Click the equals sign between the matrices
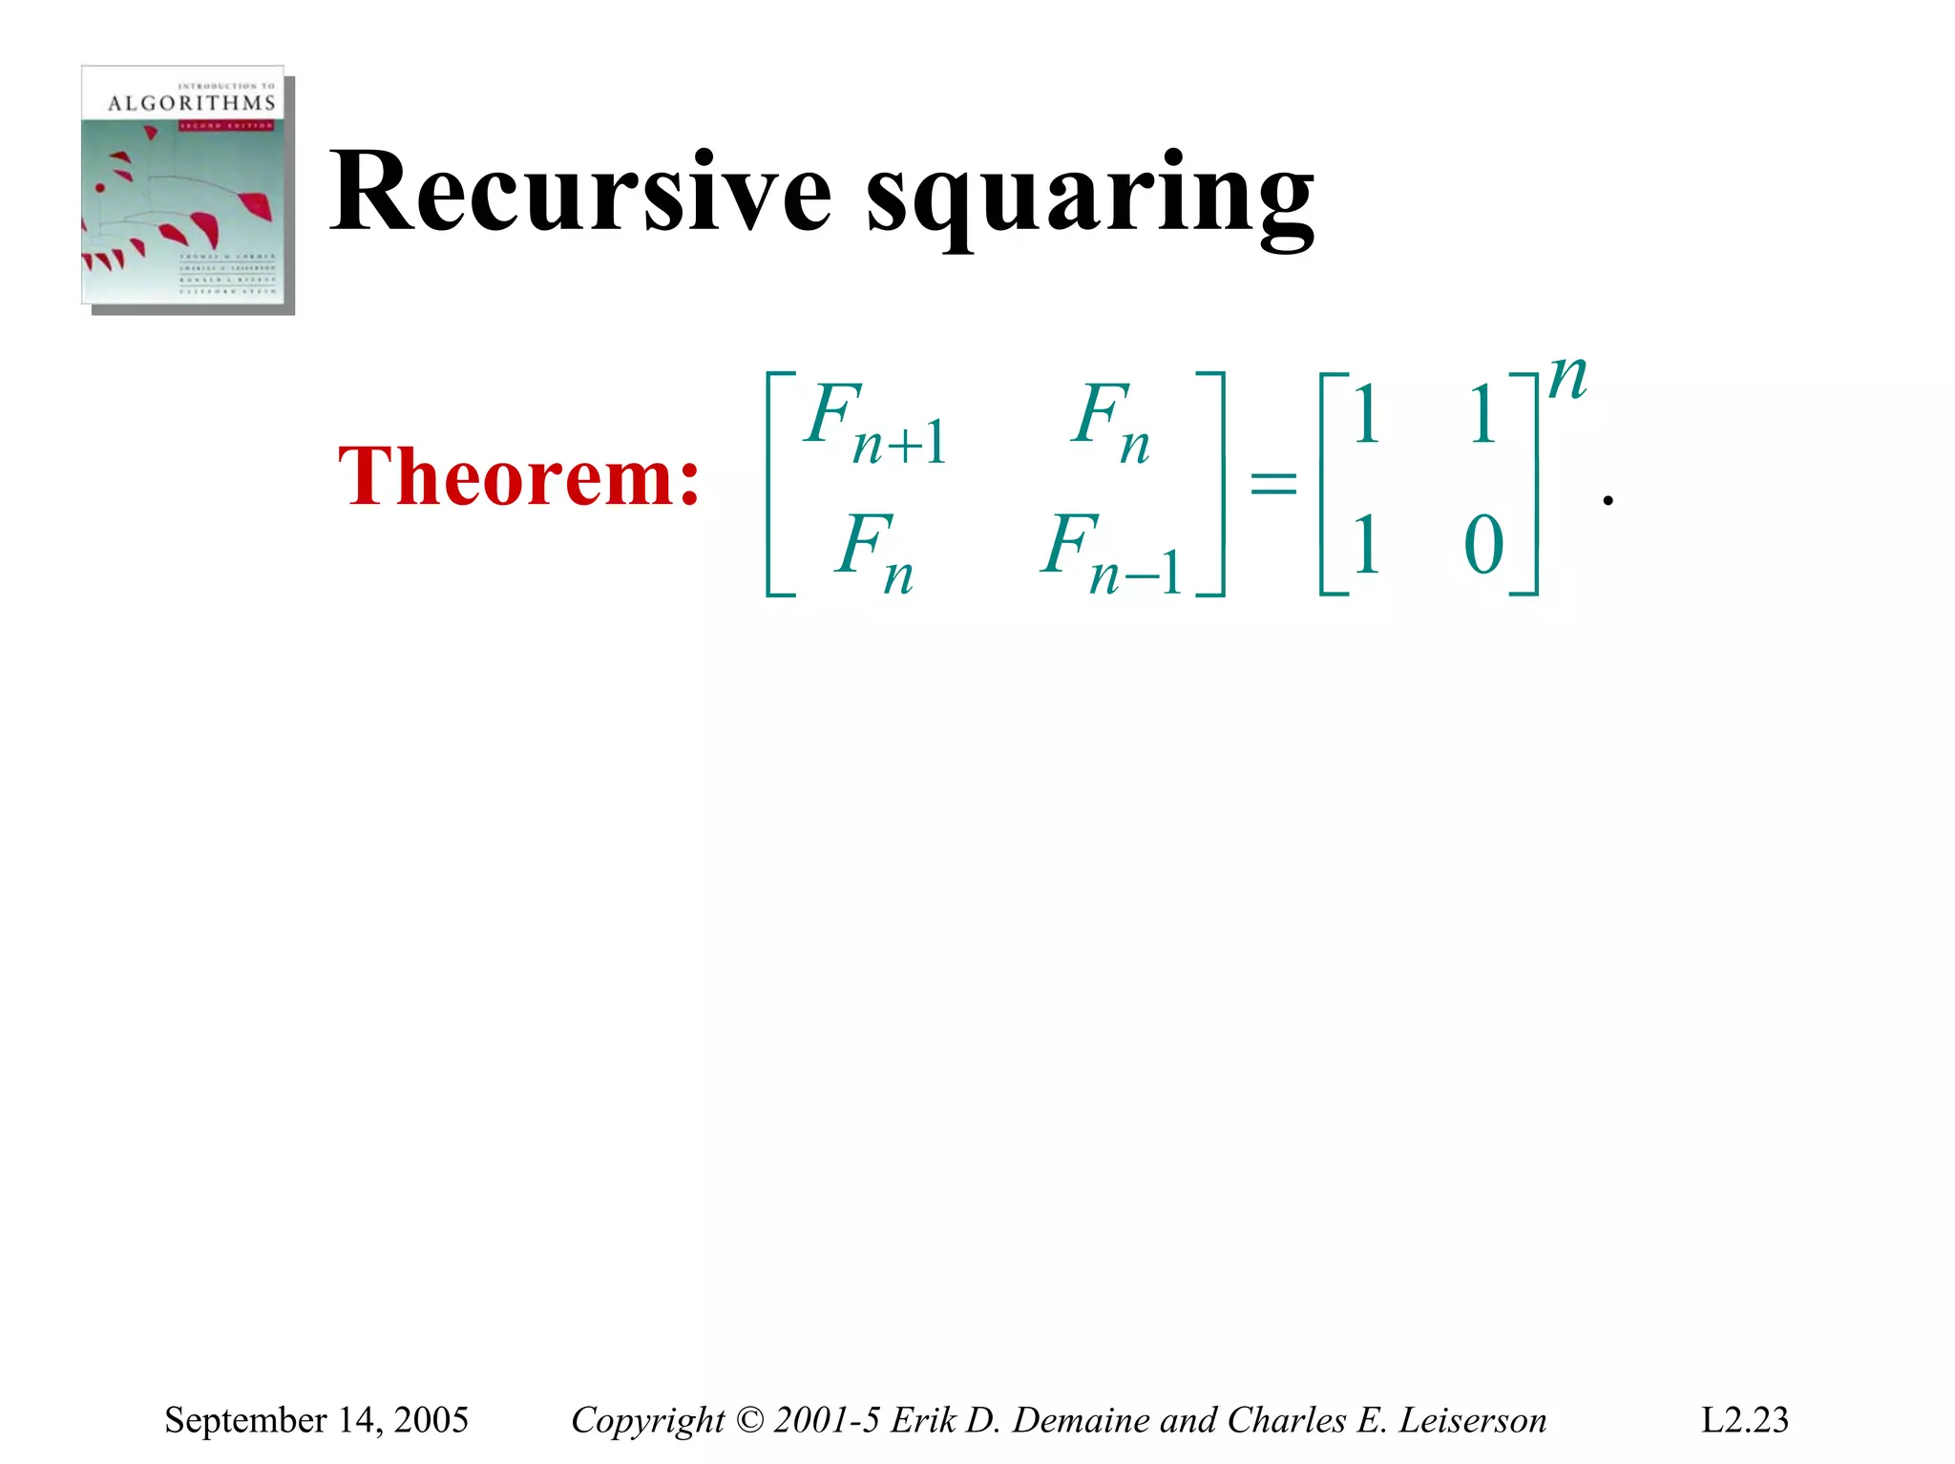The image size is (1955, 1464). [x=1273, y=482]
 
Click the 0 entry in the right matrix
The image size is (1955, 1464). [x=1483, y=545]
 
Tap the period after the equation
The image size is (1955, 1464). [x=1608, y=499]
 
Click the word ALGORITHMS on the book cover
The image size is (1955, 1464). [x=191, y=103]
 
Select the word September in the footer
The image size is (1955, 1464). [x=244, y=1420]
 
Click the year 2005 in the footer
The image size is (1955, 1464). [x=431, y=1420]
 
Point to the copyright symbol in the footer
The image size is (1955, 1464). [x=750, y=1420]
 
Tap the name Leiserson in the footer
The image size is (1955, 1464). [x=1473, y=1420]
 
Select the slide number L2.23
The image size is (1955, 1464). [x=1744, y=1420]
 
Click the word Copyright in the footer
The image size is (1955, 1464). [x=648, y=1420]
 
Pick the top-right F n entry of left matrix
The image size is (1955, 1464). [x=1110, y=421]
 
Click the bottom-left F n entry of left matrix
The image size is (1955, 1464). [x=874, y=552]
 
